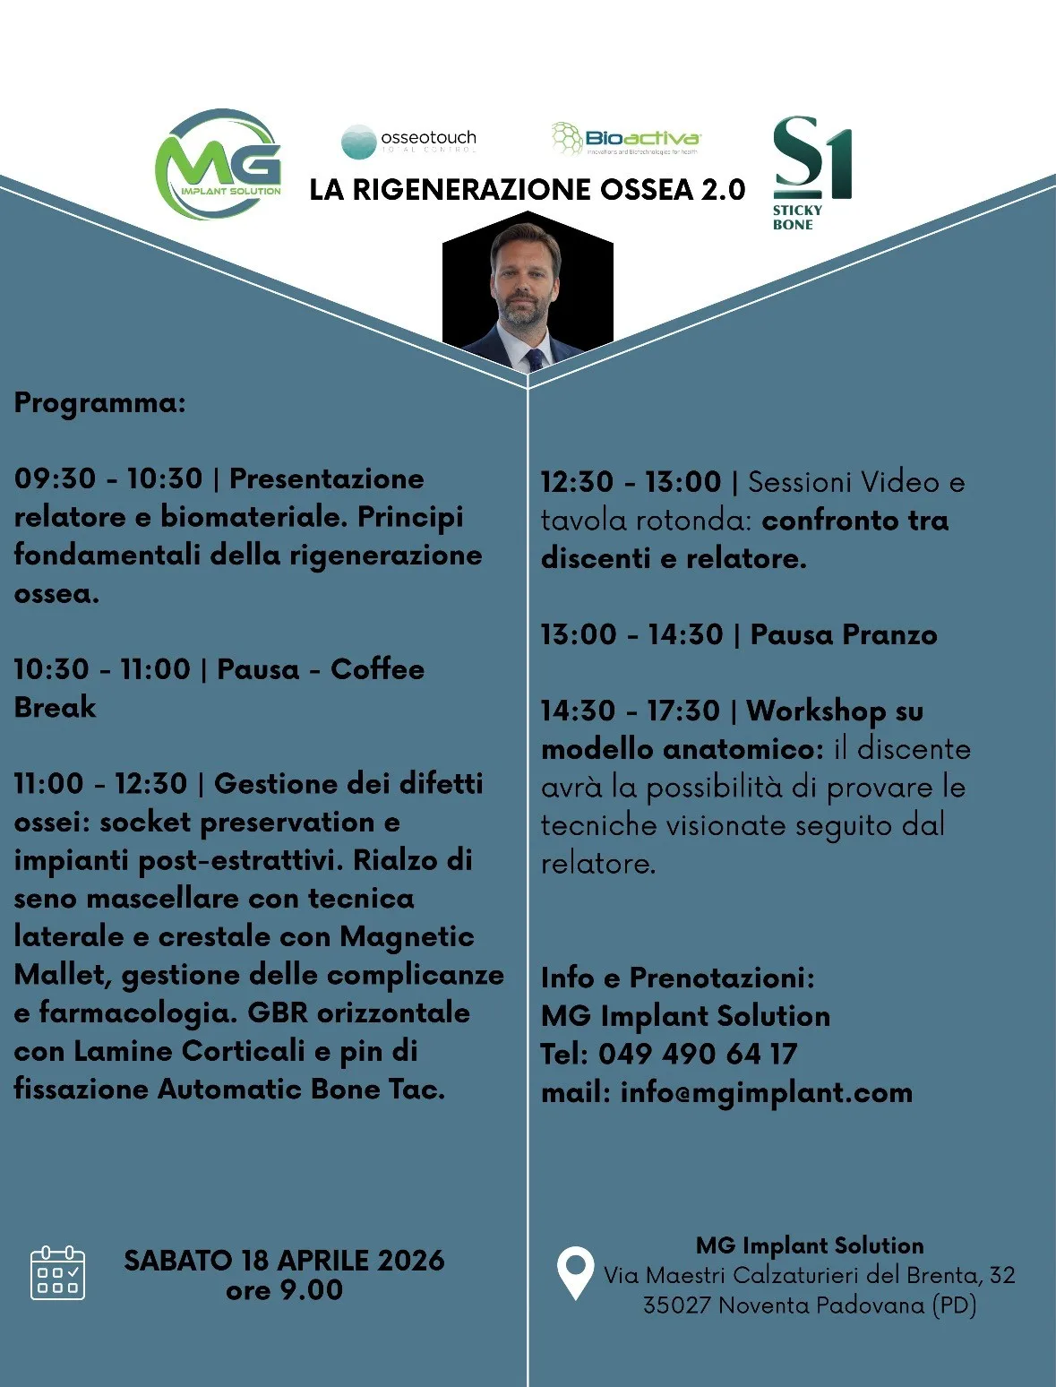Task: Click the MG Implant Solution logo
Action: [218, 166]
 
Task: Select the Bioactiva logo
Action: [626, 139]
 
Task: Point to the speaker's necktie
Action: [535, 359]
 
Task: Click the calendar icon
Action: [57, 1273]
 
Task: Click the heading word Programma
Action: [99, 403]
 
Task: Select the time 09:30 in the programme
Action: [55, 478]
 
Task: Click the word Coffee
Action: [377, 669]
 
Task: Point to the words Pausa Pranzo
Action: [843, 635]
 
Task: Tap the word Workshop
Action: [816, 711]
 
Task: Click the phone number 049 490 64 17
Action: [697, 1055]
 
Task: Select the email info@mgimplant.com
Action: [766, 1093]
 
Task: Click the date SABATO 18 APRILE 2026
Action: [284, 1261]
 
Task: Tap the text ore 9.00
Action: [284, 1290]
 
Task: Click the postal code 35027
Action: [676, 1305]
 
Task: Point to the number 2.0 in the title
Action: [722, 190]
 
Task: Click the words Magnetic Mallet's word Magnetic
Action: [407, 937]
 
